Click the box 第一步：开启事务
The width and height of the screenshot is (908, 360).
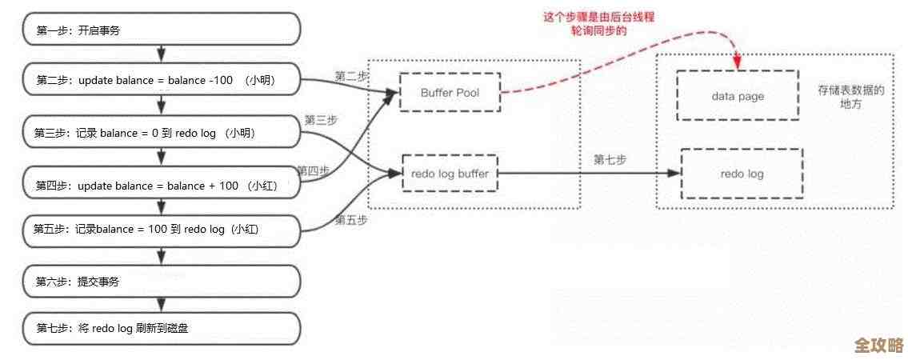click(x=161, y=31)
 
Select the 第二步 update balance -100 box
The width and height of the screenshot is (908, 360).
click(x=161, y=81)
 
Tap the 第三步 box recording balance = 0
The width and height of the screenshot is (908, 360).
click(x=161, y=133)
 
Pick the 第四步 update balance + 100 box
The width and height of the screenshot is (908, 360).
click(x=161, y=186)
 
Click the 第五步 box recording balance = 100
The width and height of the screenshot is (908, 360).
click(x=161, y=229)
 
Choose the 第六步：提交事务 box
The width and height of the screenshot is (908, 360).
click(x=161, y=282)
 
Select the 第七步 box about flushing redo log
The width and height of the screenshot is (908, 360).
click(x=161, y=328)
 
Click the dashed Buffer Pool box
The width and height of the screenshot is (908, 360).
click(x=450, y=93)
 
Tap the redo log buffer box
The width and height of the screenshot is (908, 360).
click(x=449, y=173)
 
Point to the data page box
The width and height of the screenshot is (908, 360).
click(x=737, y=96)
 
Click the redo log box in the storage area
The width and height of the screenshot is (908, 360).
click(x=741, y=174)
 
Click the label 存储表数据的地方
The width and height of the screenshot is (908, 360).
click(x=850, y=98)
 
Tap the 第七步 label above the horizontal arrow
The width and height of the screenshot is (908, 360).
click(x=610, y=159)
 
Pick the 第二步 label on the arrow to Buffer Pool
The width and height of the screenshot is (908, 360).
click(x=351, y=76)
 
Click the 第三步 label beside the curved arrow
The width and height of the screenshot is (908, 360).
click(x=321, y=120)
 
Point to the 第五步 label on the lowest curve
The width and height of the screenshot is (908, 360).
click(x=351, y=219)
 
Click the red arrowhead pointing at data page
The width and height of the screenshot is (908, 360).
click(x=737, y=60)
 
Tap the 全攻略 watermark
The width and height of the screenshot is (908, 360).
click(x=878, y=345)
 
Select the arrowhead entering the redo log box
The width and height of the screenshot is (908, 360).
click(x=673, y=173)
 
